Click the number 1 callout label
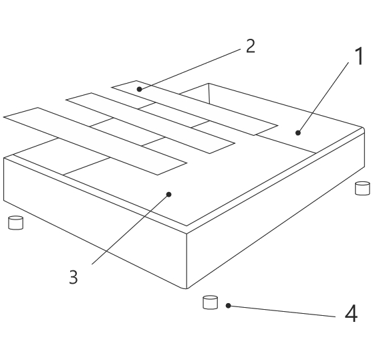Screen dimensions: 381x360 tap(360, 56)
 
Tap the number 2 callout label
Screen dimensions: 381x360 tap(251, 46)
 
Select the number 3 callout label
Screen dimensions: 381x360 tap(74, 276)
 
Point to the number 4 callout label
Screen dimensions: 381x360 tap(351, 314)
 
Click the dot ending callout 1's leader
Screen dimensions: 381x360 tap(298, 132)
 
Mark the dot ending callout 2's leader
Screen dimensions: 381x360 tap(139, 89)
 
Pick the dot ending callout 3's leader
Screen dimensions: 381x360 tap(169, 194)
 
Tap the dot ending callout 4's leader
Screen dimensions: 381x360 tap(228, 306)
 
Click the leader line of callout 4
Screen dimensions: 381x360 tap(282, 311)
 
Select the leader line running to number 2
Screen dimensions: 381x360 tap(190, 69)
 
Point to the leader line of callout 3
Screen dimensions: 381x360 tap(130, 229)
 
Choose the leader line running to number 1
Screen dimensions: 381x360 tap(323, 98)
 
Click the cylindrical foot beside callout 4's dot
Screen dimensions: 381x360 tap(210, 302)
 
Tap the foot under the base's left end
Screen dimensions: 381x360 tap(16, 223)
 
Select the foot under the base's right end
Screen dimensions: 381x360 tap(362, 188)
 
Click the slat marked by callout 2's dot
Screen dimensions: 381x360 tap(195, 108)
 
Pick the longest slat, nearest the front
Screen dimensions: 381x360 tap(95, 141)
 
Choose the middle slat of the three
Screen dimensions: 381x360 tap(150, 123)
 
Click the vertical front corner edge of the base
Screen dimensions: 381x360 tap(186, 261)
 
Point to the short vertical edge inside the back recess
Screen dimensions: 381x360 tap(209, 94)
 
